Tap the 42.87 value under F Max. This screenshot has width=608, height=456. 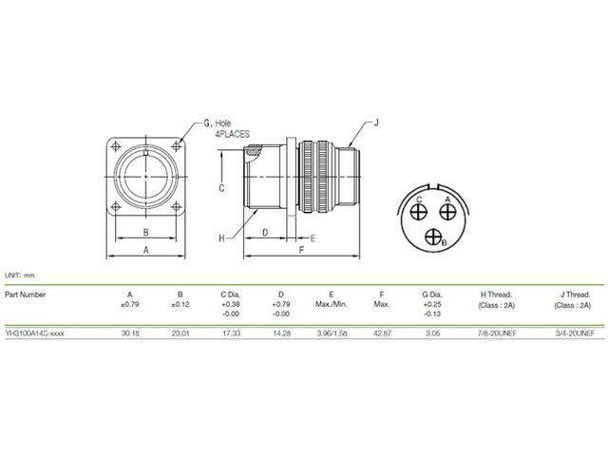click(x=381, y=333)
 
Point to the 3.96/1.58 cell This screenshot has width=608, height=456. click(x=330, y=333)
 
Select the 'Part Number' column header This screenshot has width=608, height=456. click(x=26, y=294)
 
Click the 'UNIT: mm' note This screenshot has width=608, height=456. click(x=19, y=274)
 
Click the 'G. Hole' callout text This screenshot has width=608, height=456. click(x=218, y=123)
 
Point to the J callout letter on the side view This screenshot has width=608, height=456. click(x=376, y=122)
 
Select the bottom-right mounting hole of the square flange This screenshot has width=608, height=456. click(x=179, y=207)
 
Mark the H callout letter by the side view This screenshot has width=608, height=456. click(x=221, y=237)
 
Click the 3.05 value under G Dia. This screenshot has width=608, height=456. click(x=430, y=333)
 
